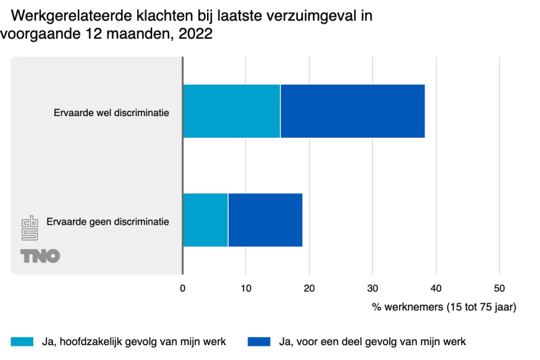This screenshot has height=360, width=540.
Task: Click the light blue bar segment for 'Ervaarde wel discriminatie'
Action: click(232, 111)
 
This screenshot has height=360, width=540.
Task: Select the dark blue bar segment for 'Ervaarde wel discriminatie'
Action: click(352, 111)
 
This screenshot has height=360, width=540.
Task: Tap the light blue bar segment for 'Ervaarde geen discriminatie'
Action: click(205, 220)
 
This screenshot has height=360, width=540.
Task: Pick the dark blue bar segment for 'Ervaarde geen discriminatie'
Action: click(265, 220)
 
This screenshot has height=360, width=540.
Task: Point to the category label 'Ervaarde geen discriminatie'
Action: click(108, 221)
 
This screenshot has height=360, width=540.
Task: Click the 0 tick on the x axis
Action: click(182, 288)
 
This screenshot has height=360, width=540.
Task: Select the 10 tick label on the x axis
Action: click(245, 288)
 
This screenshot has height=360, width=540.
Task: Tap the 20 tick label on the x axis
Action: click(309, 288)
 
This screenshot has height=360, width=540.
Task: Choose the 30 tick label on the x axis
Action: click(373, 288)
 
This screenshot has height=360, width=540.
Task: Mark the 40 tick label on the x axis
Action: click(436, 288)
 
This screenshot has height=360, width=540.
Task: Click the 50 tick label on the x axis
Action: click(499, 288)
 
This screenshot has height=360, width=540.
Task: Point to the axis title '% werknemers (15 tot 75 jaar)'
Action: click(444, 306)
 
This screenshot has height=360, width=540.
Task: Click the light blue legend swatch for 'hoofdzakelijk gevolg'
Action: click(22, 341)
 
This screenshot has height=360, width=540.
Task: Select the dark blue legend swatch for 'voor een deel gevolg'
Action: click(258, 341)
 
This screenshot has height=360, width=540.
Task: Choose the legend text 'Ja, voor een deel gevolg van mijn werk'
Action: click(373, 341)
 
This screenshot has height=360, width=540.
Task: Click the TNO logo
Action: click(40, 256)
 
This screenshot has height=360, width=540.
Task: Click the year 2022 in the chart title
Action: click(195, 35)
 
